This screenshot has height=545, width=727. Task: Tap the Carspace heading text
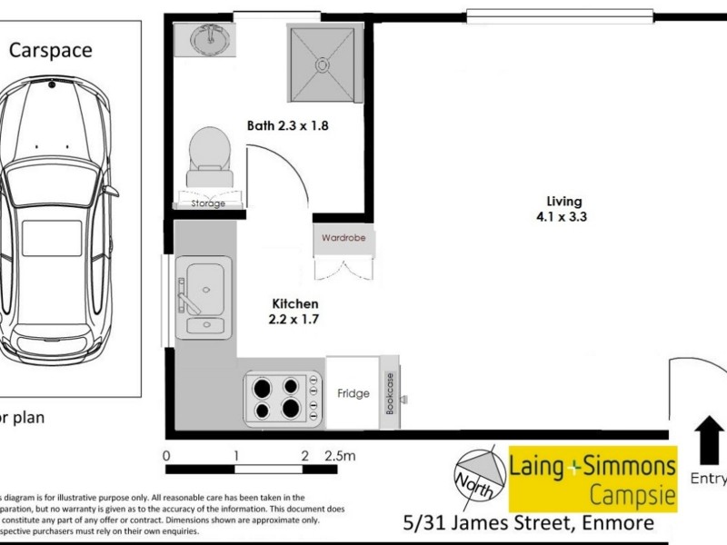(51, 50)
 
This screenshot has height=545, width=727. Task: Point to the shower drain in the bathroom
(320, 64)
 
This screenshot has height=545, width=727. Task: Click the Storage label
(208, 203)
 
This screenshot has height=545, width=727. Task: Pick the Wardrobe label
(343, 239)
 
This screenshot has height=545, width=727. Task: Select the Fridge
(353, 393)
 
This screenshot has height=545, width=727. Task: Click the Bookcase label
(391, 394)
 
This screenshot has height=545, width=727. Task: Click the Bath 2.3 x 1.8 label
(287, 125)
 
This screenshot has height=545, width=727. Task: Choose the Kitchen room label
(295, 303)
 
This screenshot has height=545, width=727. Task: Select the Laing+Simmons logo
(593, 479)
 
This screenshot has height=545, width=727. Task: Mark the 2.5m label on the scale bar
(340, 456)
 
